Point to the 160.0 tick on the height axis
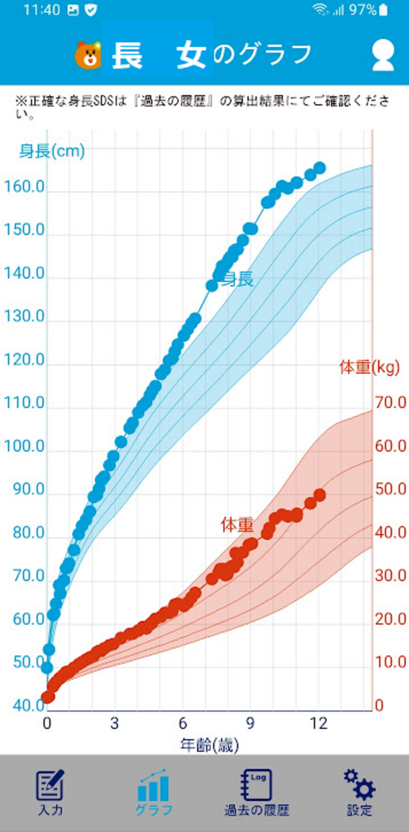coord(24,187)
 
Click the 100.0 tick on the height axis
coord(24,446)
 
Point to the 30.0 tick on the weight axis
coord(390,576)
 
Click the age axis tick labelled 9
coord(250,723)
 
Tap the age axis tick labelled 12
coord(319,723)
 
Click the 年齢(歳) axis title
coord(209,746)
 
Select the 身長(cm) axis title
coord(52,151)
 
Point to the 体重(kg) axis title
coord(370,368)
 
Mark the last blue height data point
coord(320,168)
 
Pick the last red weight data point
coord(320,495)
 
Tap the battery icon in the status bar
coord(383,10)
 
